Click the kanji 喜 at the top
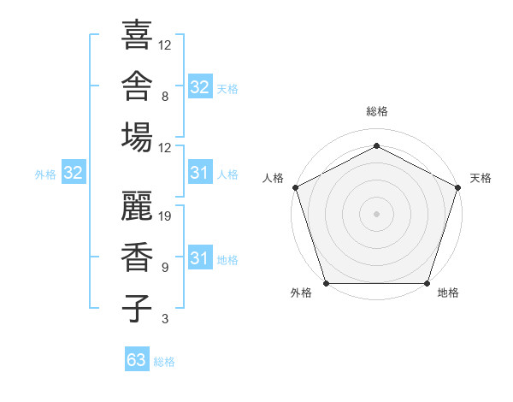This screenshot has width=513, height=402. tap(137, 34)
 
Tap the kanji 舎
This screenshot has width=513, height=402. tap(137, 86)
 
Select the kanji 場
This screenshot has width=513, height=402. tap(137, 137)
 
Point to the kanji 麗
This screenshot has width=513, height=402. tap(137, 205)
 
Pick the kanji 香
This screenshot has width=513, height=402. tap(137, 257)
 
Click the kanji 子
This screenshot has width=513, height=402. tap(137, 309)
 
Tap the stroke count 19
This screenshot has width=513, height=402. tap(164, 216)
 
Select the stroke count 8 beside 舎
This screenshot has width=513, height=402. tap(165, 97)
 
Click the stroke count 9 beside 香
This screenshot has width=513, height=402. tap(165, 268)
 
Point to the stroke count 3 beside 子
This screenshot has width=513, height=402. tap(165, 318)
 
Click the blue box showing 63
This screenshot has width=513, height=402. tap(137, 358)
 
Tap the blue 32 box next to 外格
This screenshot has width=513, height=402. tap(74, 172)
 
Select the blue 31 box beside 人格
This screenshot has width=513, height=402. tap(201, 172)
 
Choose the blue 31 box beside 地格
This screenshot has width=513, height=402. tap(201, 257)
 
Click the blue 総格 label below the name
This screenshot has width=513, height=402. tap(164, 362)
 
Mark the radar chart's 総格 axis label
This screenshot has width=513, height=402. tap(377, 111)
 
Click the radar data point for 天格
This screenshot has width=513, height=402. tap(458, 187)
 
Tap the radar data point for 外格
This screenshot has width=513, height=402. tap(327, 283)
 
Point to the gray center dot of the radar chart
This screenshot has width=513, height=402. tap(376, 214)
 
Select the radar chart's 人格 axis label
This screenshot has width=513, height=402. tap(273, 178)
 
